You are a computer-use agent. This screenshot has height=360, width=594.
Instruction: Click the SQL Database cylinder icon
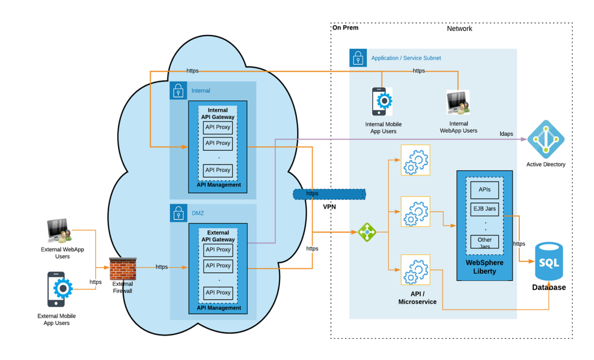[549, 262]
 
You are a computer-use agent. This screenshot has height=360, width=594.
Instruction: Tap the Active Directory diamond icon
[546, 139]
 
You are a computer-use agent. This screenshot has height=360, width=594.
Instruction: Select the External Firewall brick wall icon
[123, 269]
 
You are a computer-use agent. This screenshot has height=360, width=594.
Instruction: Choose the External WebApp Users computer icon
[59, 231]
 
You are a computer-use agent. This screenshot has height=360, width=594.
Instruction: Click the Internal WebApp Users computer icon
[458, 102]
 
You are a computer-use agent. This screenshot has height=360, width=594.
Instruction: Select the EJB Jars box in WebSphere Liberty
[484, 209]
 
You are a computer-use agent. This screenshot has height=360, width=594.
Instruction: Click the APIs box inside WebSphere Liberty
[484, 189]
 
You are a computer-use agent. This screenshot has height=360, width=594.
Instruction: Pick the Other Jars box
[484, 242]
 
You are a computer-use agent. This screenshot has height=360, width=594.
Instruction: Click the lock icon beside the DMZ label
[178, 213]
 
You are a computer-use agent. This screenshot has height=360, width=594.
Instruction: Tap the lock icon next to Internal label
[178, 90]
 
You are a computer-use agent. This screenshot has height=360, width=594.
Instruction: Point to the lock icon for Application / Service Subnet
[358, 58]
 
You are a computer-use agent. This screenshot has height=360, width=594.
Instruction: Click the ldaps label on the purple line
[506, 134]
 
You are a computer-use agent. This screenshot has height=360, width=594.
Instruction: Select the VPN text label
[329, 207]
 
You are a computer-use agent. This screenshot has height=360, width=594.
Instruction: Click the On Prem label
[345, 28]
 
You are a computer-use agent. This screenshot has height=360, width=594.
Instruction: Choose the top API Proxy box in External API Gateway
[218, 250]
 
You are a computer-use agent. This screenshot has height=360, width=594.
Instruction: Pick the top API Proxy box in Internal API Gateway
[218, 127]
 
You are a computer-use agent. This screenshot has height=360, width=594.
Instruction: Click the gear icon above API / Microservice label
[415, 270]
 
